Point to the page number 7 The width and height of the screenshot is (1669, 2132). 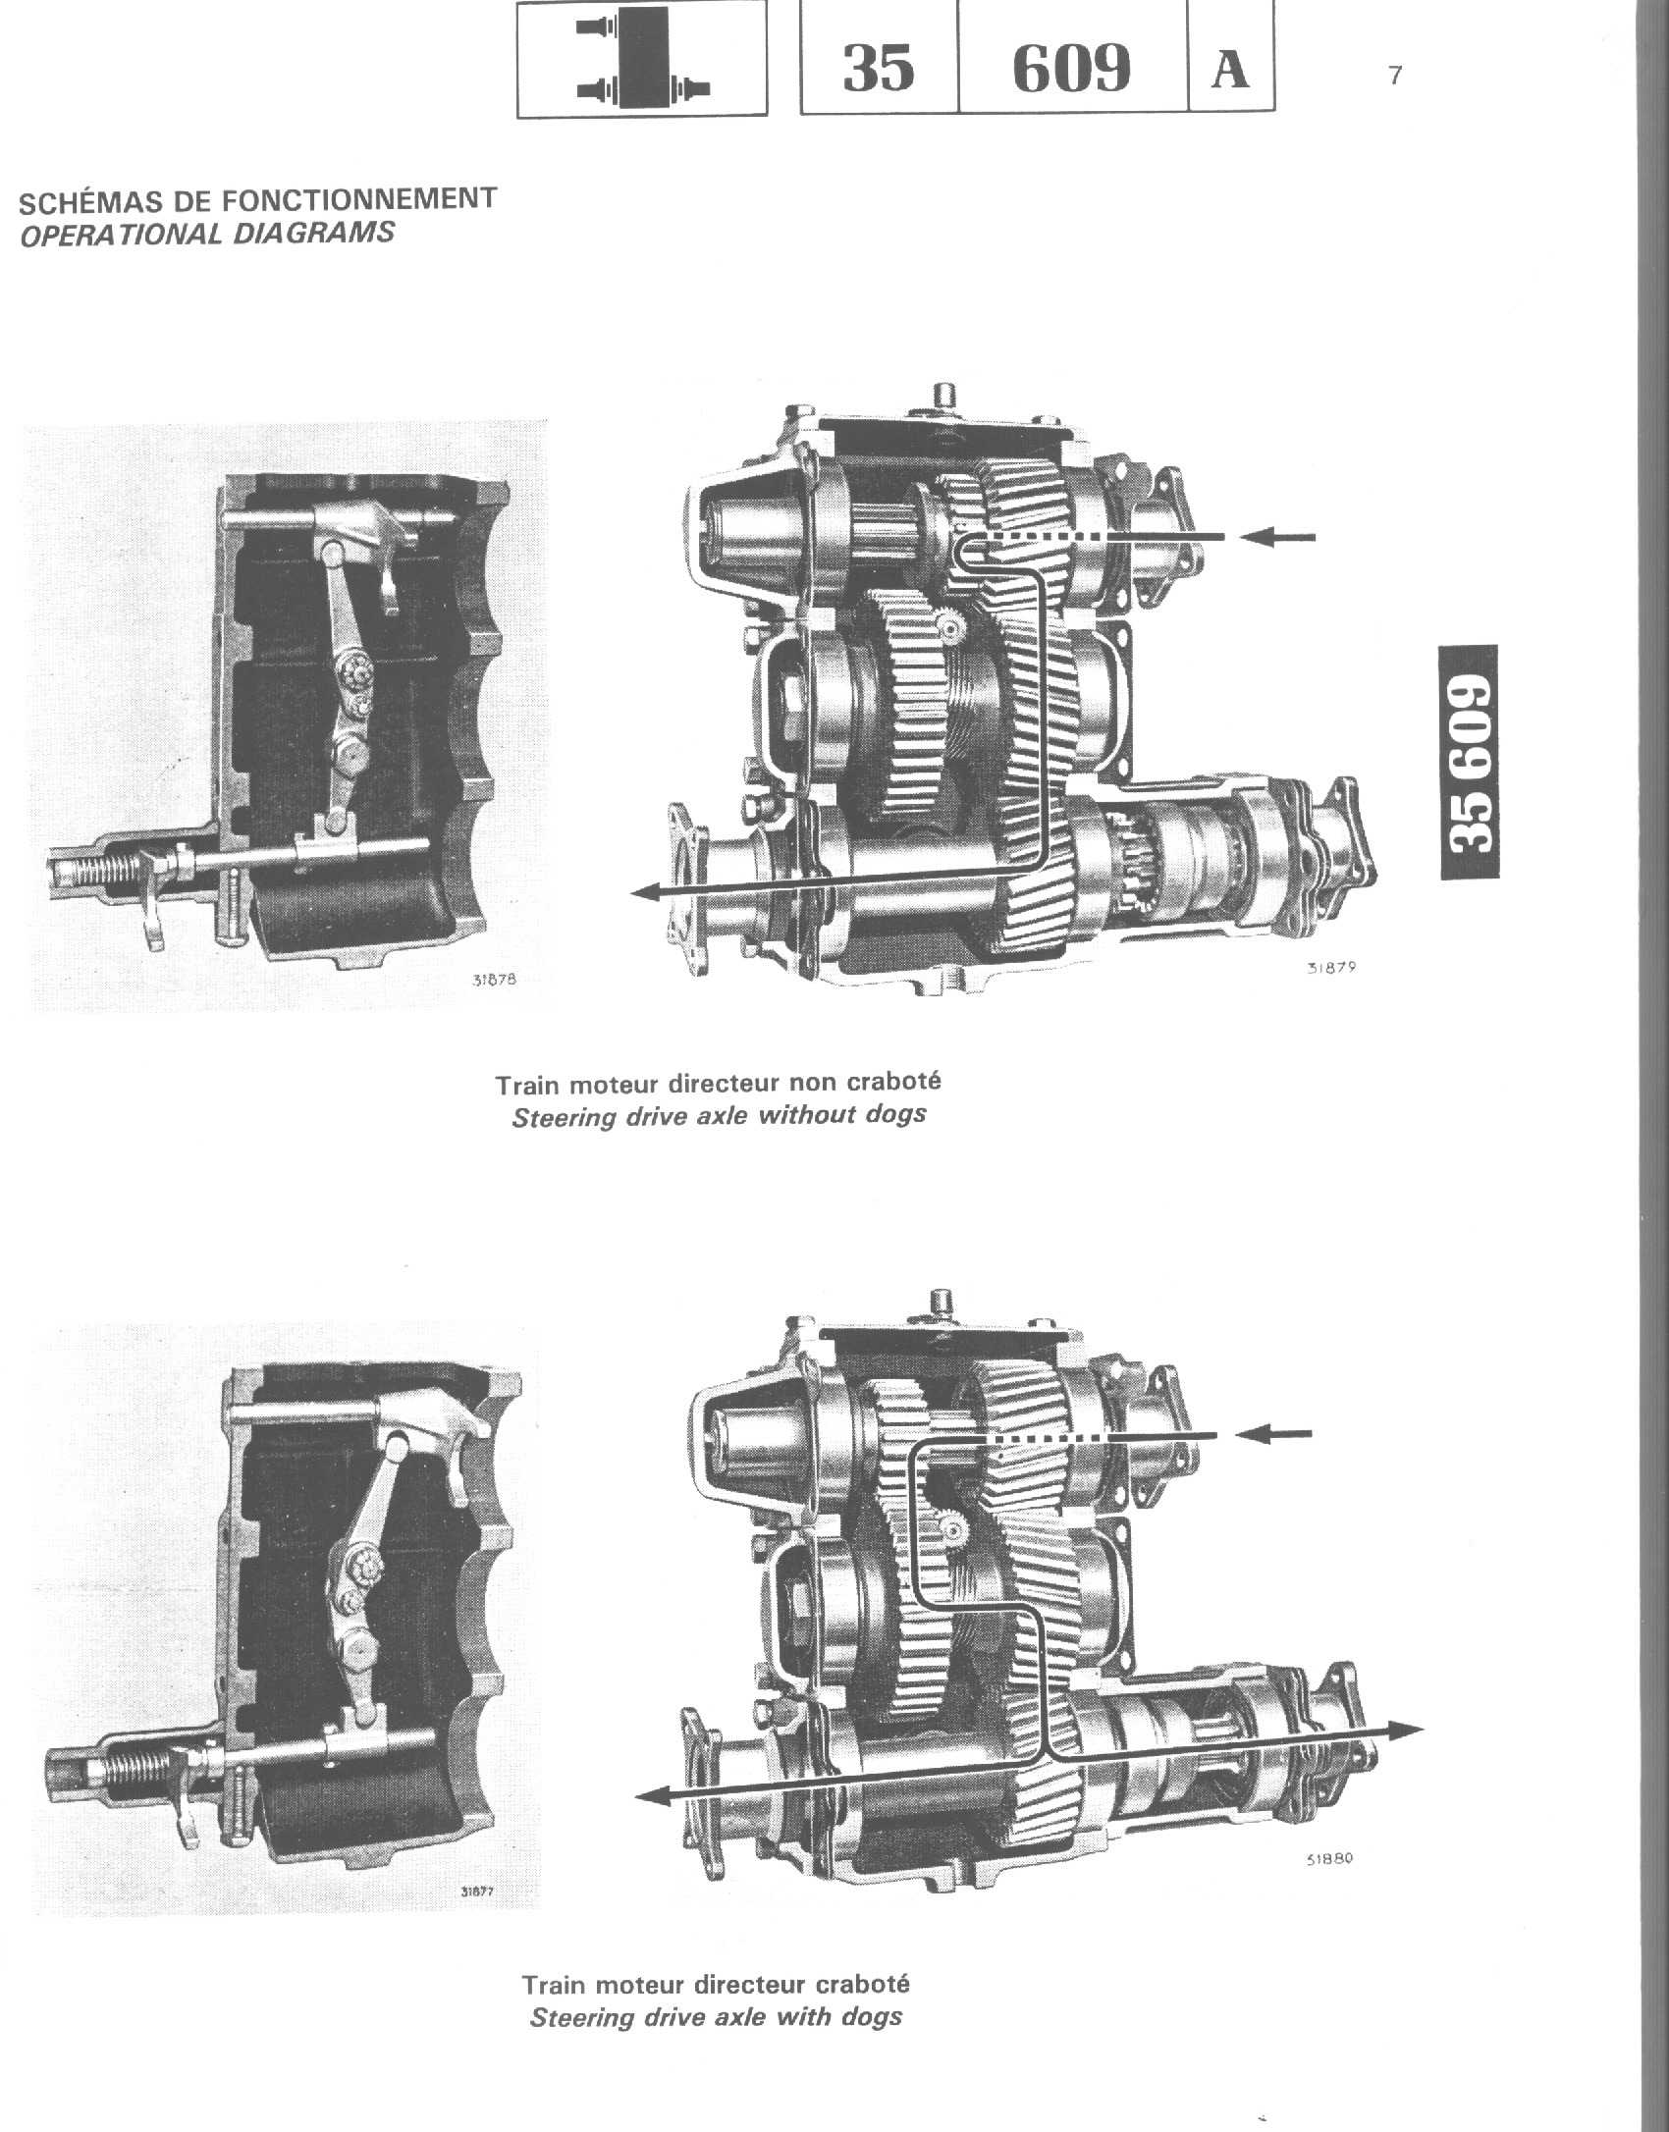click(1395, 76)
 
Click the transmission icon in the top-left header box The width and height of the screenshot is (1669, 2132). click(643, 58)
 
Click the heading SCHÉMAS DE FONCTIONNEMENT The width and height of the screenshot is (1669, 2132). click(258, 200)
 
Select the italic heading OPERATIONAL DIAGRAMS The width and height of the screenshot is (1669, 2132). click(207, 235)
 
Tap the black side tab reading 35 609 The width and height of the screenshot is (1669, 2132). click(1469, 762)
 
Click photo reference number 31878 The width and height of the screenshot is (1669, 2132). click(494, 979)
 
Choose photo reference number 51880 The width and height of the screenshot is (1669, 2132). click(1329, 1857)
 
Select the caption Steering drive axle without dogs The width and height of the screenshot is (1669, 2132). click(719, 1116)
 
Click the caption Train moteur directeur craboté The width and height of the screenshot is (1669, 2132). click(716, 1984)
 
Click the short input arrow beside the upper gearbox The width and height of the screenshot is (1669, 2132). click(1277, 537)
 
